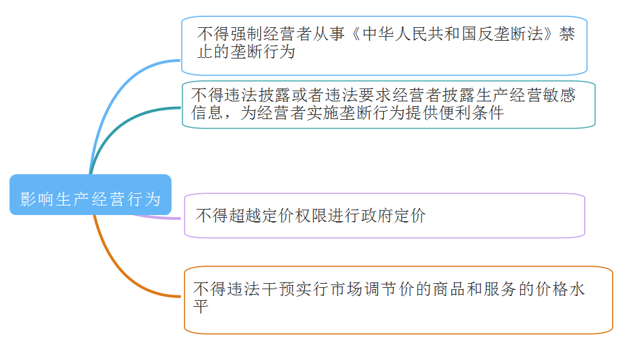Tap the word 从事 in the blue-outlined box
coord(329,34)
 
